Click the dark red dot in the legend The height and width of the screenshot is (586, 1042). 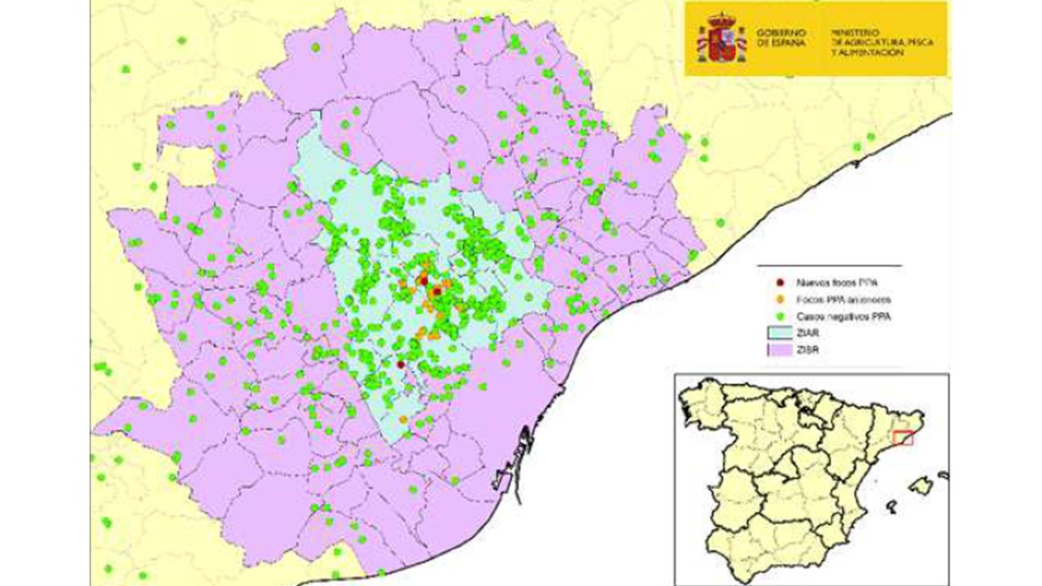coord(780,282)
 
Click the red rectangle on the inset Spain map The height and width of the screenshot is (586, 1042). coord(903,438)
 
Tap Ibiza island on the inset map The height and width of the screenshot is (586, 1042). coord(892,508)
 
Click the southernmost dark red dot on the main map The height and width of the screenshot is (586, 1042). coord(401,365)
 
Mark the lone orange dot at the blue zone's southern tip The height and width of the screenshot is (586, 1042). coord(404,419)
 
